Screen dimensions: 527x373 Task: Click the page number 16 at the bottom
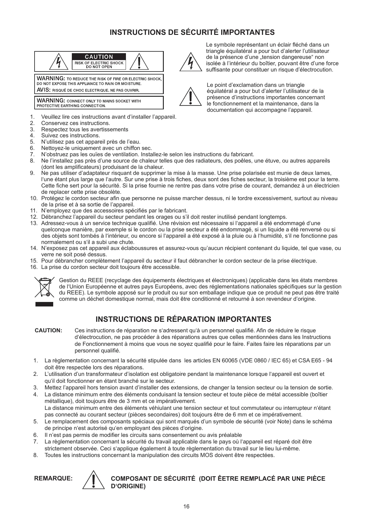click(186, 507)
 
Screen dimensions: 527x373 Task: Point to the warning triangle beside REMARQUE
click(94, 480)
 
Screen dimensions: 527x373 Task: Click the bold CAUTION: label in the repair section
click(49, 331)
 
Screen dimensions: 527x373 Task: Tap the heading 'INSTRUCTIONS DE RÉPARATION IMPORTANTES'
click(183, 319)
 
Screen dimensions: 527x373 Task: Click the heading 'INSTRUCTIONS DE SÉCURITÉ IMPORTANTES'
click(192, 32)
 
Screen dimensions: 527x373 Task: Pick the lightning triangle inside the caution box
click(59, 62)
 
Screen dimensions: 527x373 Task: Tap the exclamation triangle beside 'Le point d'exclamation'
click(190, 97)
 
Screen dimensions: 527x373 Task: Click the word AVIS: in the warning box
click(44, 90)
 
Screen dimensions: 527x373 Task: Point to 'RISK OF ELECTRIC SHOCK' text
click(99, 63)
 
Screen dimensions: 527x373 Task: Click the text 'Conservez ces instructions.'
click(75, 123)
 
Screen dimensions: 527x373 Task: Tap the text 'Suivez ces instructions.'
click(71, 136)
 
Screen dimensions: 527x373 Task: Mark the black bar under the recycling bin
click(44, 304)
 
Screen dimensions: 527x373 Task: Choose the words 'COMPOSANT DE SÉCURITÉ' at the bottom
click(153, 479)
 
